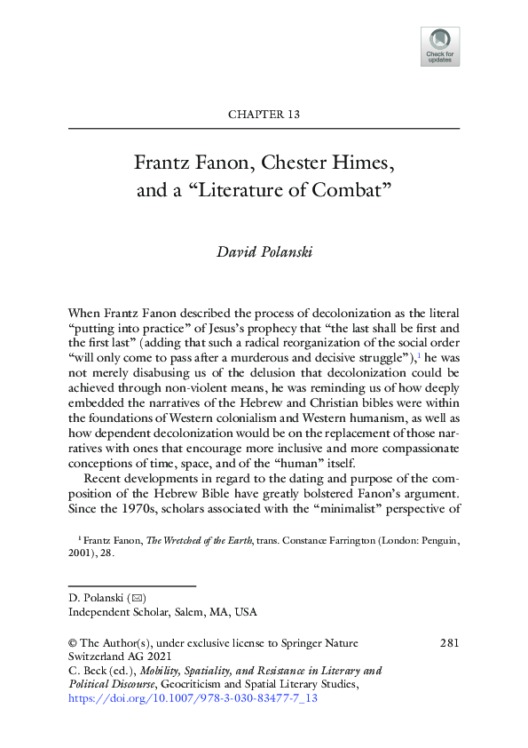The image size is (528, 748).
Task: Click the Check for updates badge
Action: point(440,46)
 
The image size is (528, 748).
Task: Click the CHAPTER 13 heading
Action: point(264,114)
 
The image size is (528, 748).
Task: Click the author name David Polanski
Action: point(264,251)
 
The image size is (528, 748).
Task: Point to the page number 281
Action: point(449,642)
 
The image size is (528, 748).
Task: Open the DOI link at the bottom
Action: point(193,698)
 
